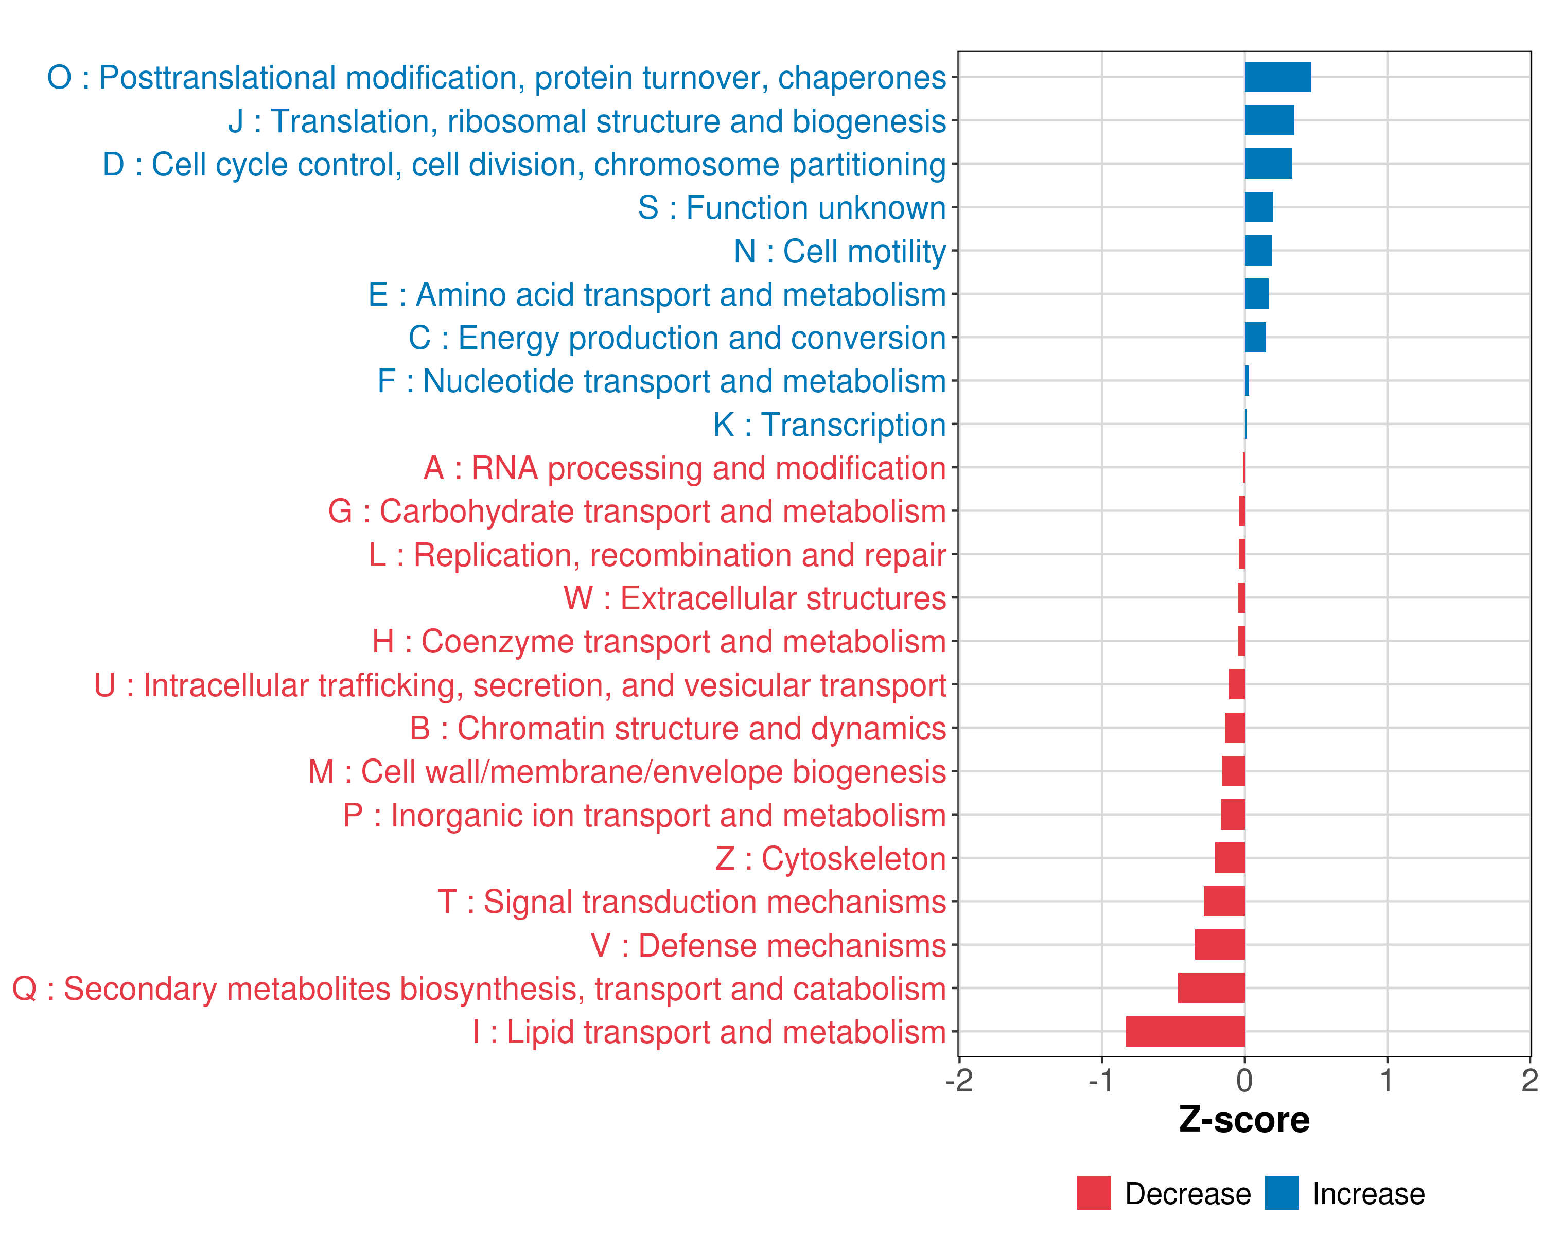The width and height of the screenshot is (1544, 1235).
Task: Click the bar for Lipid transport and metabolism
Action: [x=1185, y=1032]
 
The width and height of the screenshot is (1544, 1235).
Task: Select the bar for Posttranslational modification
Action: [x=1277, y=77]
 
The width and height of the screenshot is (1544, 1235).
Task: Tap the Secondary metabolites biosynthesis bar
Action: [x=1211, y=988]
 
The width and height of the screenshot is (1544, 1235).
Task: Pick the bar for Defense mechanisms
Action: [x=1220, y=945]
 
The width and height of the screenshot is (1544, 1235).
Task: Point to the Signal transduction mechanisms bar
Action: [x=1224, y=902]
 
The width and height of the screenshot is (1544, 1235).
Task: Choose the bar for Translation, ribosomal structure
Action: [x=1269, y=120]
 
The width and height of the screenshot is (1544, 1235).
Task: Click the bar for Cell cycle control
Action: [x=1268, y=164]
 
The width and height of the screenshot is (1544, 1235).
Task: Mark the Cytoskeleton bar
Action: [x=1230, y=858]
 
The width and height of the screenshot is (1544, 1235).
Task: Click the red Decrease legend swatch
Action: [x=1094, y=1193]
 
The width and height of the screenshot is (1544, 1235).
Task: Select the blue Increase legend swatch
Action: [x=1281, y=1193]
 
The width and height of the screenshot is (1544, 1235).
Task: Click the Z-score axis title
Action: [x=1244, y=1120]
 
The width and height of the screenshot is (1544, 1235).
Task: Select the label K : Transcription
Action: [x=829, y=425]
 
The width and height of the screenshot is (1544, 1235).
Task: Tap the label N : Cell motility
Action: [x=840, y=251]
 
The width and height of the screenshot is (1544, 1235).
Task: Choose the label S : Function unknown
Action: [x=792, y=207]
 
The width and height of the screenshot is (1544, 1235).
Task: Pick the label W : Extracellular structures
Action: [x=755, y=598]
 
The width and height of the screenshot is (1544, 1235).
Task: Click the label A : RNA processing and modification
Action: [x=685, y=468]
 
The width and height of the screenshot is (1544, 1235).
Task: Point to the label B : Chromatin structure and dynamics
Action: [x=677, y=729]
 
